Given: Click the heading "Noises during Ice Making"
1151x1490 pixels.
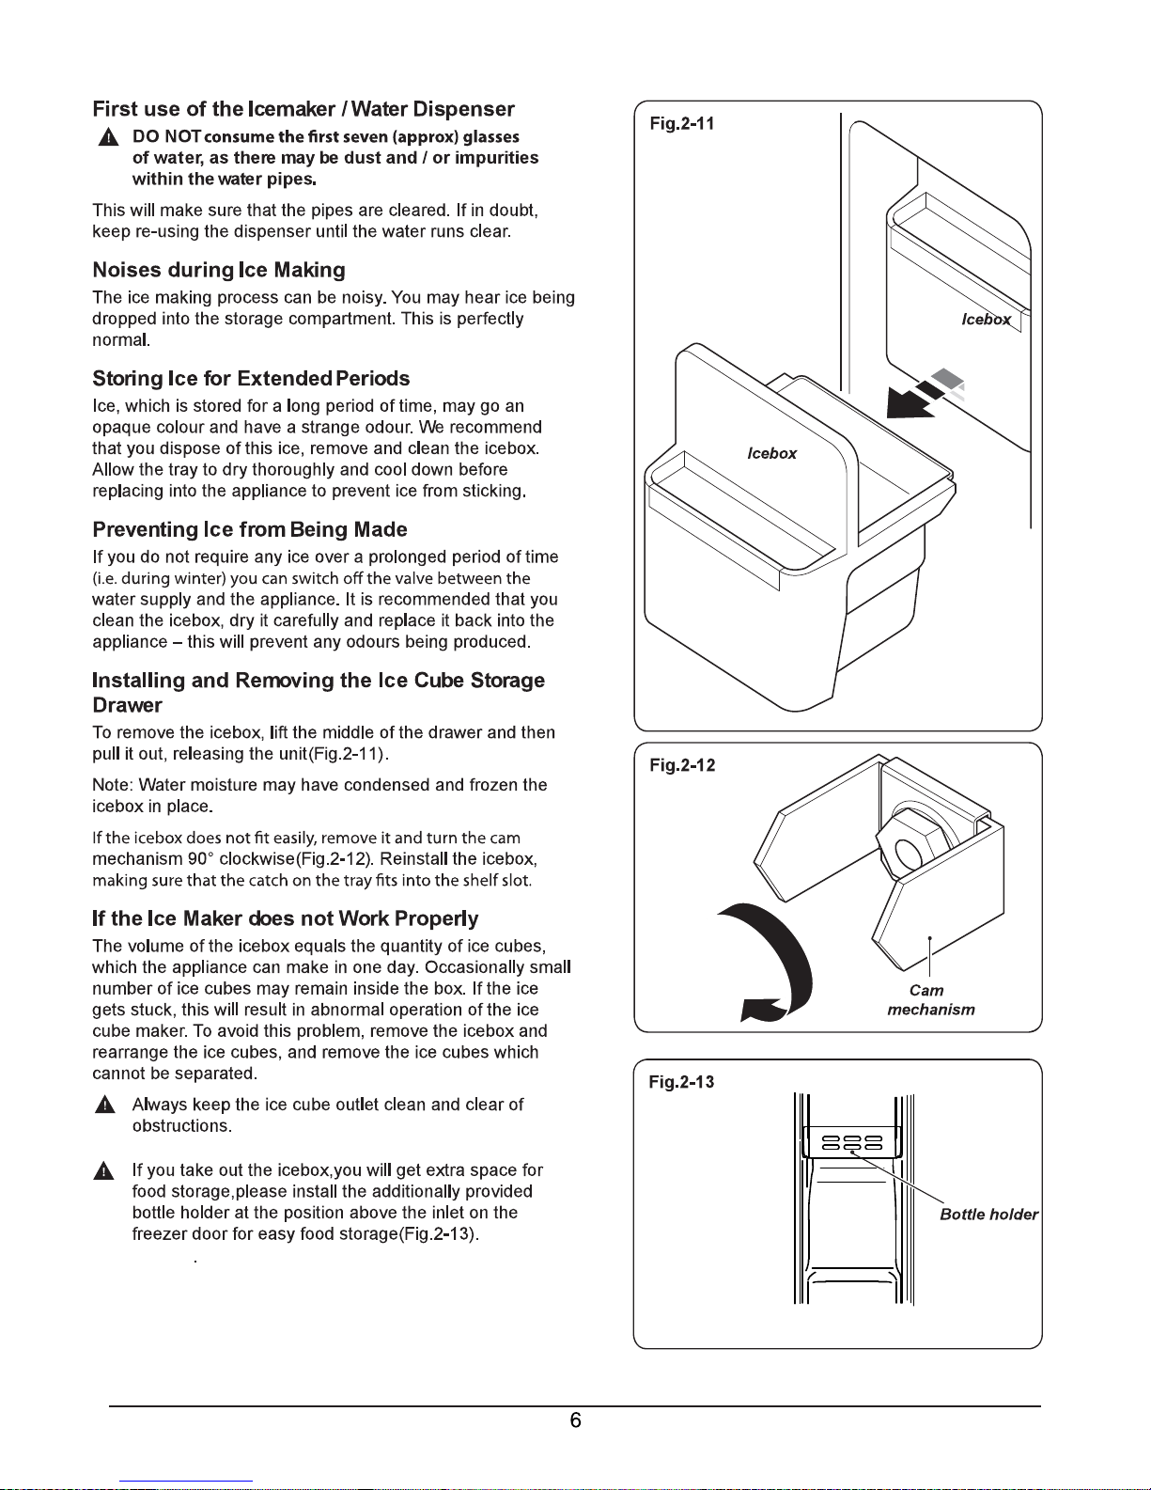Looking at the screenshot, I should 219,271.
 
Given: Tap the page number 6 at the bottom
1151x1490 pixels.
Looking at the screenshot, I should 575,1420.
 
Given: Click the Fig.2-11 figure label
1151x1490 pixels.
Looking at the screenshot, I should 682,124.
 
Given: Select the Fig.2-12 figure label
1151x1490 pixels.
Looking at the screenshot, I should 682,765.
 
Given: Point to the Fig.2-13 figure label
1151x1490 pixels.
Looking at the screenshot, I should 681,1082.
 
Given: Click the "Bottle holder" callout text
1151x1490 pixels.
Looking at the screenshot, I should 988,1215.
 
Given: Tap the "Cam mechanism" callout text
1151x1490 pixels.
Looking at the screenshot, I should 930,1000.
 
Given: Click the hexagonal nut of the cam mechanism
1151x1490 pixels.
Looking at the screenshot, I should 908,852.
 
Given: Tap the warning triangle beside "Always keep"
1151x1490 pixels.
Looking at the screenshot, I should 104,1106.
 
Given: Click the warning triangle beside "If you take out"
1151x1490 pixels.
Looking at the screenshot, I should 104,1171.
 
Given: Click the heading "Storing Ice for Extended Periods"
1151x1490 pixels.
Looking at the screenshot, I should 251,379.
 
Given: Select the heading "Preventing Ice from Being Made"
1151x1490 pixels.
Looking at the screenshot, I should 250,529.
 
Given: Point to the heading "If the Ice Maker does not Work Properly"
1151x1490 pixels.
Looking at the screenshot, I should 285,918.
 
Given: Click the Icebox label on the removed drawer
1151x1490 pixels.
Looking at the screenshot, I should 771,454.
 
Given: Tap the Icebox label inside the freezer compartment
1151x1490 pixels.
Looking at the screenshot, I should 986,320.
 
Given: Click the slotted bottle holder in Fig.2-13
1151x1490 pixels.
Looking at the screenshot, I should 851,1143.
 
